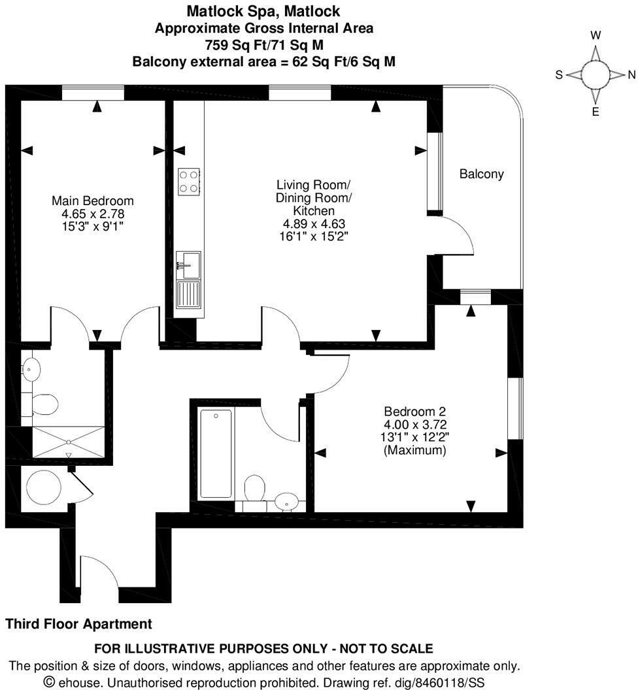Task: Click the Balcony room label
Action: (481, 174)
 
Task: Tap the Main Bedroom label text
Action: (93, 201)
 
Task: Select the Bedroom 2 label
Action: (414, 412)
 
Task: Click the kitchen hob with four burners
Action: (189, 181)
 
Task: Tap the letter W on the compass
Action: (596, 35)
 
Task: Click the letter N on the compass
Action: (631, 74)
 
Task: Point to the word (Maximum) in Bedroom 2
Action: (414, 451)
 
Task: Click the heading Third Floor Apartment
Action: (78, 624)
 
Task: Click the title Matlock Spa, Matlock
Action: (263, 11)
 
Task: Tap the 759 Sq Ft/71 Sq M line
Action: (263, 44)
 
